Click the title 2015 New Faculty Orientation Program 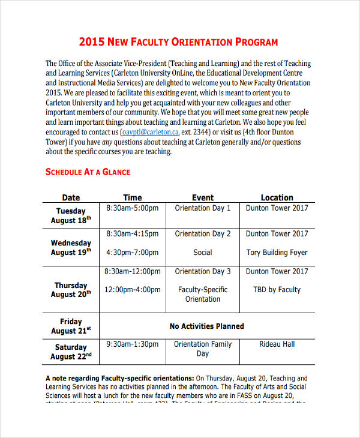pyautogui.click(x=179, y=42)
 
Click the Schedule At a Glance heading pyautogui.click(x=88, y=172)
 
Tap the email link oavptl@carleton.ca pyautogui.click(x=150, y=132)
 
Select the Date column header pyautogui.click(x=71, y=197)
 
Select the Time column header pyautogui.click(x=133, y=197)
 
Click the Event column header pyautogui.click(x=203, y=197)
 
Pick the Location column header pyautogui.click(x=277, y=197)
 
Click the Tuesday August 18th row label pyautogui.click(x=71, y=215)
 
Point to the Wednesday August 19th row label pyautogui.click(x=71, y=248)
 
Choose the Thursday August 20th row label pyautogui.click(x=71, y=290)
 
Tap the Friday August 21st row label pyautogui.click(x=71, y=326)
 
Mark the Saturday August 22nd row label pyautogui.click(x=71, y=352)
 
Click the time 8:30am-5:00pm pyautogui.click(x=133, y=208)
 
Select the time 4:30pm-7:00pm pyautogui.click(x=133, y=253)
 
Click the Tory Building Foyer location pyautogui.click(x=277, y=253)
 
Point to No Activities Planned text pyautogui.click(x=207, y=326)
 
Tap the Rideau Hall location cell pyautogui.click(x=277, y=344)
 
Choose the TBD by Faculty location pyautogui.click(x=277, y=290)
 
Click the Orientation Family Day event pyautogui.click(x=203, y=349)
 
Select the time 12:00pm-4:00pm pyautogui.click(x=133, y=290)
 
